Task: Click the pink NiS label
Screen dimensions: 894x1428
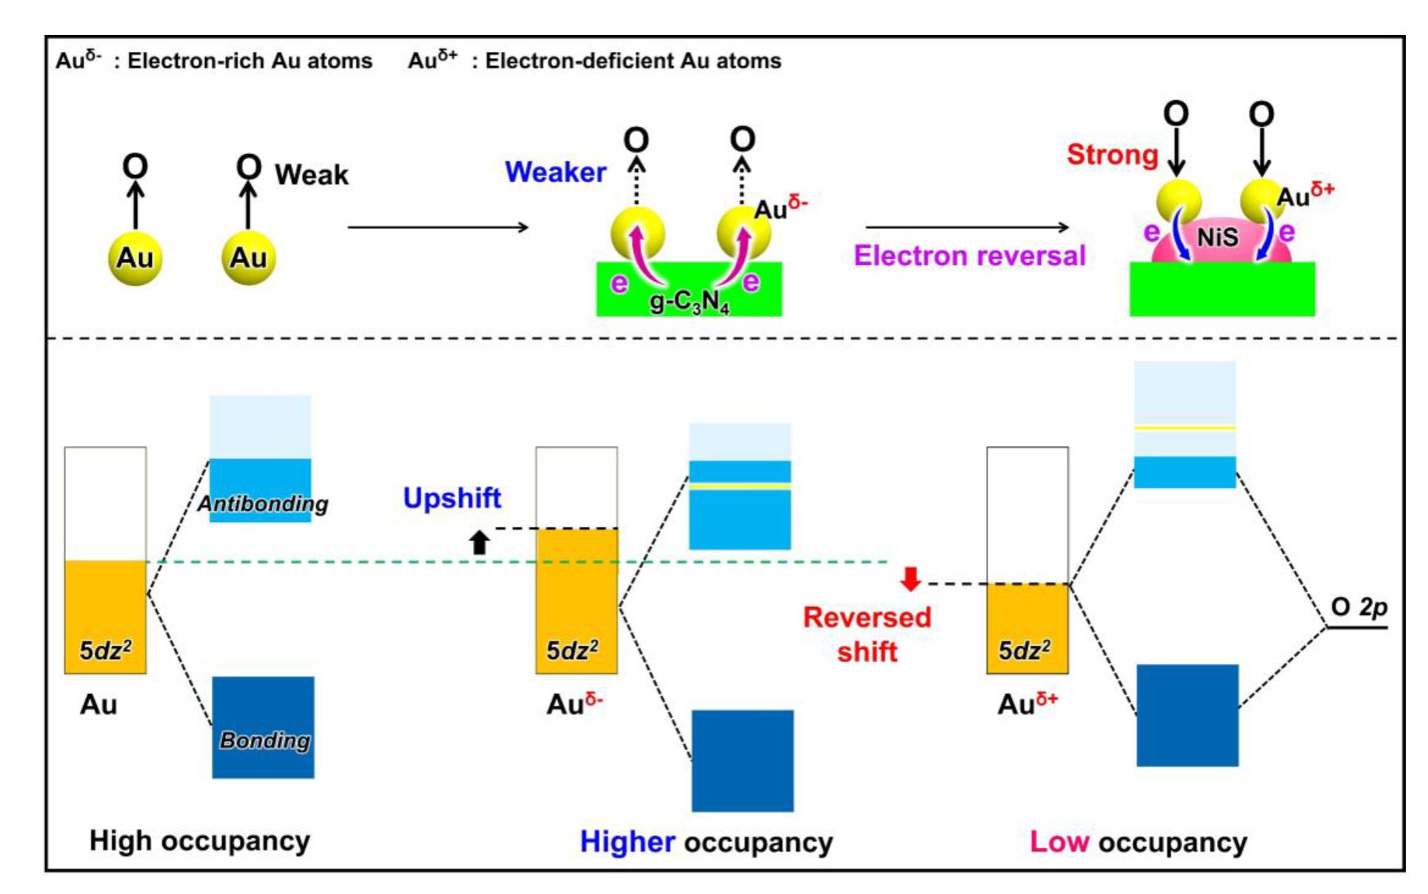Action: [1218, 237]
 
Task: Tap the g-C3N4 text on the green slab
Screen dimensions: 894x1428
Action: [689, 302]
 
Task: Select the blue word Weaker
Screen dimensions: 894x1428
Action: [555, 172]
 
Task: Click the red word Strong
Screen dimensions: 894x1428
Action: [1112, 154]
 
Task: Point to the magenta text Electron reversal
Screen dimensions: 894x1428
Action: [969, 256]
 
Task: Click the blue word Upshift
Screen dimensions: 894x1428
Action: [452, 497]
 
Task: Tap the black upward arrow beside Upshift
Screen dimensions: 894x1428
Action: [480, 543]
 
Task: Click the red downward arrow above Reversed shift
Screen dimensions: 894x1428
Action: [910, 579]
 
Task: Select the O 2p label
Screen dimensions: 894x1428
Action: [1358, 607]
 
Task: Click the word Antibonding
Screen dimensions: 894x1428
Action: [262, 503]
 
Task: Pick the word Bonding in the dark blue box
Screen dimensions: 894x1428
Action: [264, 740]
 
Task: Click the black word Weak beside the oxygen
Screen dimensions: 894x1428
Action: [311, 175]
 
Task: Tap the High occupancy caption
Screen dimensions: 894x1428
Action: [199, 841]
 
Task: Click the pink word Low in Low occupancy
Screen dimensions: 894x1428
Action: [1059, 842]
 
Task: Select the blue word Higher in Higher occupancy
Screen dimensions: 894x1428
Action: [627, 842]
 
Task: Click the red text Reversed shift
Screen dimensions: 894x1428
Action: [867, 635]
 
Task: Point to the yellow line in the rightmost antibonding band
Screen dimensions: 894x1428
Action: [1184, 428]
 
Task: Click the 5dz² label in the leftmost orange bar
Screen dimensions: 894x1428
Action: [105, 650]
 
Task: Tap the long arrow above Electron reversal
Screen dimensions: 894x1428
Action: [967, 227]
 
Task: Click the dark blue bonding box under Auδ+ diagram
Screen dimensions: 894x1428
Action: [1187, 715]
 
